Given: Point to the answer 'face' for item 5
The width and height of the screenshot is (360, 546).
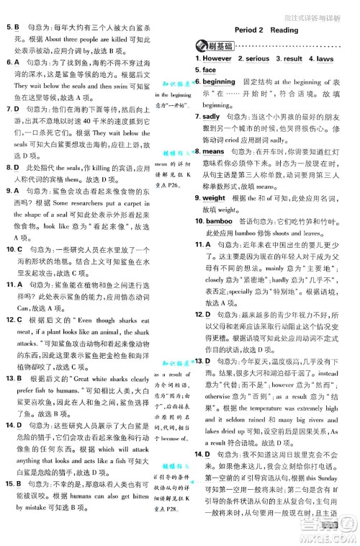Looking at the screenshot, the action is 209,71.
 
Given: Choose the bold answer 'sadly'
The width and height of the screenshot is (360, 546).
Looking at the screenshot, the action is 211,117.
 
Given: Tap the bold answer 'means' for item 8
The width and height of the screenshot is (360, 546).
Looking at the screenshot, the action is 213,152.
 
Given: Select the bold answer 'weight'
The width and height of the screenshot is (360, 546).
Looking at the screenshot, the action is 215,198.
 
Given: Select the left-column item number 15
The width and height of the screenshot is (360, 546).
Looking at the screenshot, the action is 10,498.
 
